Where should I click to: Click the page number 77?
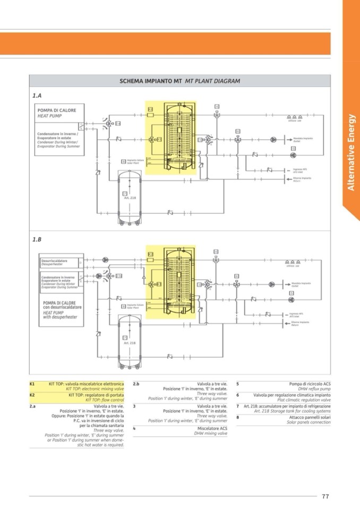point(325,496)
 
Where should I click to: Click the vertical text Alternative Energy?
point(350,152)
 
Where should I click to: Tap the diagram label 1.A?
point(37,96)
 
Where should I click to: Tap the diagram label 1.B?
point(37,240)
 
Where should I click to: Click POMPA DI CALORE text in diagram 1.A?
point(57,110)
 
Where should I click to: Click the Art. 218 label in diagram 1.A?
point(125,197)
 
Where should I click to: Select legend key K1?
point(32,383)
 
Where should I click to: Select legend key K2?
point(32,395)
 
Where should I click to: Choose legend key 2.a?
point(33,406)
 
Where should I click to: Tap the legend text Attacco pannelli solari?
point(311,417)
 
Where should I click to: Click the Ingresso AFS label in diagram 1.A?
point(300,169)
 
